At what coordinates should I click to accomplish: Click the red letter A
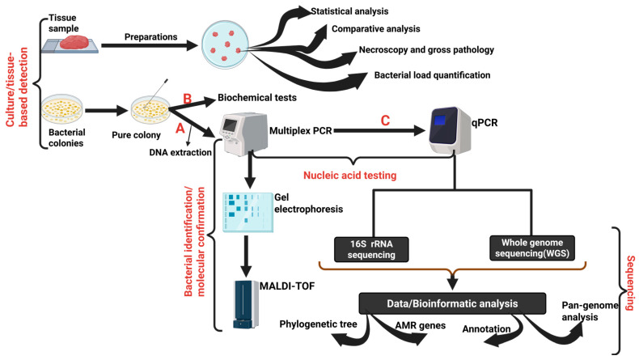(x=180, y=129)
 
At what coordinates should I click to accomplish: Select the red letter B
(x=188, y=99)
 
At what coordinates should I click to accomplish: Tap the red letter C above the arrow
(x=385, y=121)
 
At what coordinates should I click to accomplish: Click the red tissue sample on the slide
(x=75, y=42)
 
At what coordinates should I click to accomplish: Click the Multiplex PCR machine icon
(x=243, y=134)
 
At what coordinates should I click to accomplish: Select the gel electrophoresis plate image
(x=248, y=213)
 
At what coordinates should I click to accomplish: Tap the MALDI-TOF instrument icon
(x=246, y=304)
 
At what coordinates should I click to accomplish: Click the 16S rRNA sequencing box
(x=371, y=249)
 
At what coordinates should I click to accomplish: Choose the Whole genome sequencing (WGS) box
(x=531, y=248)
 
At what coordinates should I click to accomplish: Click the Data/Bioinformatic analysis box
(x=452, y=303)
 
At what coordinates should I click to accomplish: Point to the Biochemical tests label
(x=257, y=97)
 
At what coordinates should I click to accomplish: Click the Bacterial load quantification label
(x=433, y=75)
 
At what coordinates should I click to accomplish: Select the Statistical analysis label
(x=349, y=11)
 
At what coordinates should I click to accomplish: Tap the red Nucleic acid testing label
(x=350, y=176)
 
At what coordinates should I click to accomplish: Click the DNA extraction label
(x=180, y=152)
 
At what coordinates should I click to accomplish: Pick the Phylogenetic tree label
(x=318, y=324)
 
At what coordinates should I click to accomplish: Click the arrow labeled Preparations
(x=150, y=45)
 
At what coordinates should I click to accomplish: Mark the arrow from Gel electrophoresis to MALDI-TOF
(x=246, y=256)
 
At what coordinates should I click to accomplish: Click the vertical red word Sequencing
(x=630, y=283)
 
